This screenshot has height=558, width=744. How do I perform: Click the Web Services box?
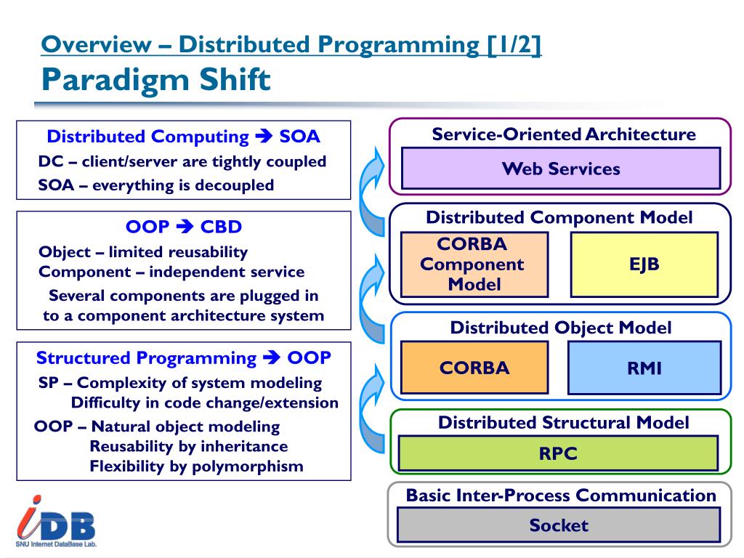click(560, 169)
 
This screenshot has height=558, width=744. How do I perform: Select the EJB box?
click(644, 264)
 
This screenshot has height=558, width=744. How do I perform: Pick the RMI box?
click(644, 368)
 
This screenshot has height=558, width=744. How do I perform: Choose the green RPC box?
click(558, 453)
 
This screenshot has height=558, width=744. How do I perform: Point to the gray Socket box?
click(558, 525)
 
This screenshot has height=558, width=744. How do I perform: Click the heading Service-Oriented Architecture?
click(564, 134)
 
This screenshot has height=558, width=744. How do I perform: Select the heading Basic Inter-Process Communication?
click(561, 496)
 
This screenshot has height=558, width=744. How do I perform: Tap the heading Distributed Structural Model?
click(563, 423)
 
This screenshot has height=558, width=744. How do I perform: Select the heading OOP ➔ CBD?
click(184, 227)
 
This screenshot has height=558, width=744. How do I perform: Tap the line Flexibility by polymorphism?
click(196, 466)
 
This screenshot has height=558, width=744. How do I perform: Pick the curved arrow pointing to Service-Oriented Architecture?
click(373, 190)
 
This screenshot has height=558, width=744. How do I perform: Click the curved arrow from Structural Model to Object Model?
click(373, 403)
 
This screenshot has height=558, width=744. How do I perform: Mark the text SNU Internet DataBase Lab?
click(56, 543)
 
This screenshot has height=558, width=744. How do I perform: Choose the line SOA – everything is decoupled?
click(156, 185)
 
